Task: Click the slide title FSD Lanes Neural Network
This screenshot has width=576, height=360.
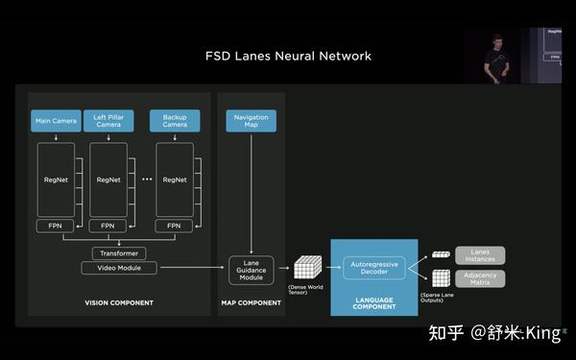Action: click(288, 57)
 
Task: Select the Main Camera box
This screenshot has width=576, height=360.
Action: click(57, 122)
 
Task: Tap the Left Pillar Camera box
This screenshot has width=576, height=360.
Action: click(108, 121)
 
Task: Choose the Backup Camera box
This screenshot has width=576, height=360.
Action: click(175, 121)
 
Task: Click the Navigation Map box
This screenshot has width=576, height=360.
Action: click(251, 121)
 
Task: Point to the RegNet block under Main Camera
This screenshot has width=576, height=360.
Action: click(56, 180)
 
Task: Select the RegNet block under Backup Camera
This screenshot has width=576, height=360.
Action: click(174, 180)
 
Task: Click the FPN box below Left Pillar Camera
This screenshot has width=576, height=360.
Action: click(108, 226)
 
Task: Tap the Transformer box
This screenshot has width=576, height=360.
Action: click(119, 253)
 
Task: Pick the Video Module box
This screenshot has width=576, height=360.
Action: click(119, 268)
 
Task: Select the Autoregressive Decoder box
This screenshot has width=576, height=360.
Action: click(374, 267)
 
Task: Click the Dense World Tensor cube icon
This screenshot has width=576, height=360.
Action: click(305, 269)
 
